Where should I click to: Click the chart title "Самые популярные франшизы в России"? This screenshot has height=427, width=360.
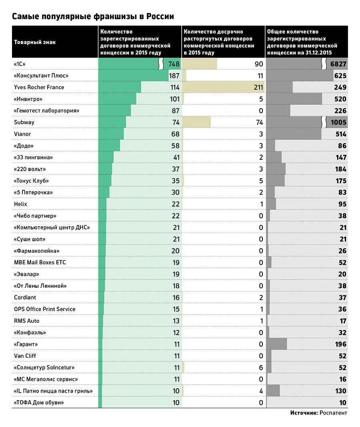click(93, 16)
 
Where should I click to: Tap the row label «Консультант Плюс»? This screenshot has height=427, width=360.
click(41, 76)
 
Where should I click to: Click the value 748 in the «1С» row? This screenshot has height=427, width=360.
click(174, 64)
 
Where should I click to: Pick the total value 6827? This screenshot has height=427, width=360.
click(338, 64)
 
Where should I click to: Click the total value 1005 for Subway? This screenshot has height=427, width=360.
click(338, 122)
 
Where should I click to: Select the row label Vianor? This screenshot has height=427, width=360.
click(22, 134)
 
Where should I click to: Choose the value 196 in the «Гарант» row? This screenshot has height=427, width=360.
click(341, 344)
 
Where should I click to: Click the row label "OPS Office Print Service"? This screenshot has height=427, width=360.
click(44, 309)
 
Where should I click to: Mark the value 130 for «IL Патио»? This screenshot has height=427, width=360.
click(341, 391)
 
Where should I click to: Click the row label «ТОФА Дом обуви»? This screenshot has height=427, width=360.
click(39, 403)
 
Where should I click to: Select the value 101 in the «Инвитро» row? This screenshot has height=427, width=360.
click(175, 99)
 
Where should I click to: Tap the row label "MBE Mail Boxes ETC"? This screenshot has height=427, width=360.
click(40, 262)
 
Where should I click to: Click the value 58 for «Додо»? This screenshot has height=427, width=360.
click(176, 146)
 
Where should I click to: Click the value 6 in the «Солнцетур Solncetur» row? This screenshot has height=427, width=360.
click(261, 367)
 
